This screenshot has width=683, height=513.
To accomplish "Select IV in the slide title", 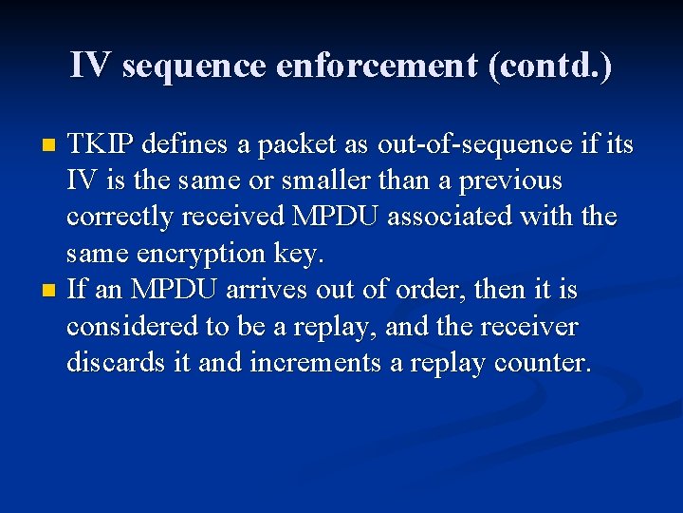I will click(91, 66).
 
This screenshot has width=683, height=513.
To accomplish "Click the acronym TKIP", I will click(99, 144).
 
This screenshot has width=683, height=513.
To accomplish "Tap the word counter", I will click(546, 362).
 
